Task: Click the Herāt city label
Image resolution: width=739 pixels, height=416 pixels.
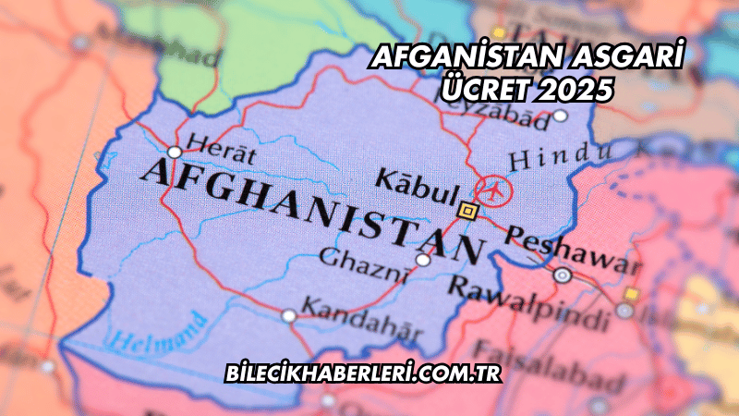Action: pyautogui.click(x=220, y=142)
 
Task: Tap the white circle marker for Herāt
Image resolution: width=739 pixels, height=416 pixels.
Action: pyautogui.click(x=175, y=152)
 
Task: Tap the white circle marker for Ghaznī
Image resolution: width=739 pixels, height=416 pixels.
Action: pyautogui.click(x=422, y=261)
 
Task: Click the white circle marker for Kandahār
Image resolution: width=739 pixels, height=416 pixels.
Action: pyautogui.click(x=289, y=316)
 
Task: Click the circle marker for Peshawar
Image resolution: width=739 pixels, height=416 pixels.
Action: pyautogui.click(x=562, y=275)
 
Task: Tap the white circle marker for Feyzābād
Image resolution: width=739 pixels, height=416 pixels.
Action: pyautogui.click(x=560, y=116)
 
